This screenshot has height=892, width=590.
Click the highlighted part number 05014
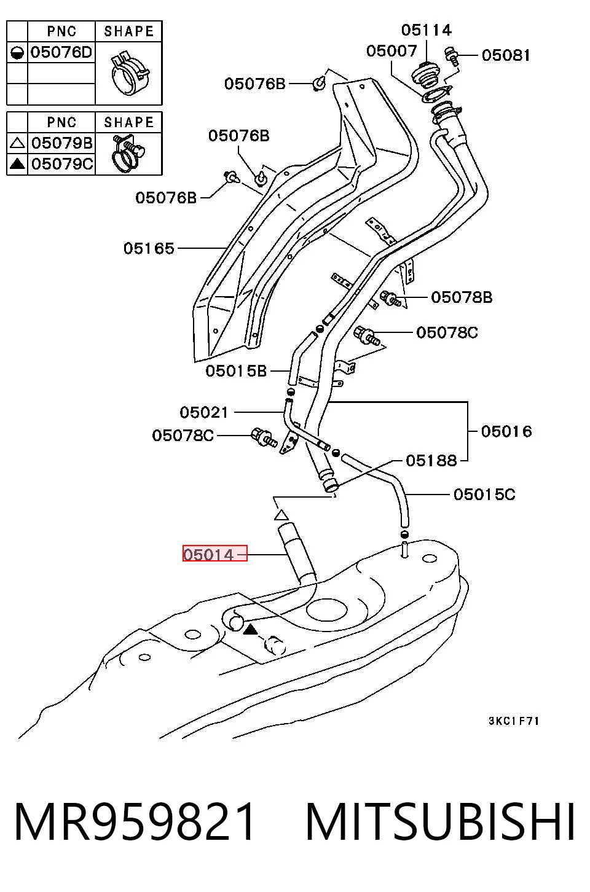208,554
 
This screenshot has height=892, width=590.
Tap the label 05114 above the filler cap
427,30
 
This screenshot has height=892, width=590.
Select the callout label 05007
391,50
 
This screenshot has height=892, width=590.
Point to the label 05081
506,55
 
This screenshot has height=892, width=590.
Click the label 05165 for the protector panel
149,248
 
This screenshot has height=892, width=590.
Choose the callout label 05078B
462,297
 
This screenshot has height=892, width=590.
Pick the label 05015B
236,370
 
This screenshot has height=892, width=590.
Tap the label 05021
204,412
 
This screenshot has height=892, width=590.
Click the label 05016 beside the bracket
506,431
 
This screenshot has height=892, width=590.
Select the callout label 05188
431,461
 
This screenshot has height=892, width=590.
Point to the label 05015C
484,495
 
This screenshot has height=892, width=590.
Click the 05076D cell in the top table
61,52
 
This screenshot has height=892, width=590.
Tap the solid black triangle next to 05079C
17,163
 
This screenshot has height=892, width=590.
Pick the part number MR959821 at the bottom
134,821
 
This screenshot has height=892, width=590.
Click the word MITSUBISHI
440,821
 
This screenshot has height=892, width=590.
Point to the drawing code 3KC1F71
514,721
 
